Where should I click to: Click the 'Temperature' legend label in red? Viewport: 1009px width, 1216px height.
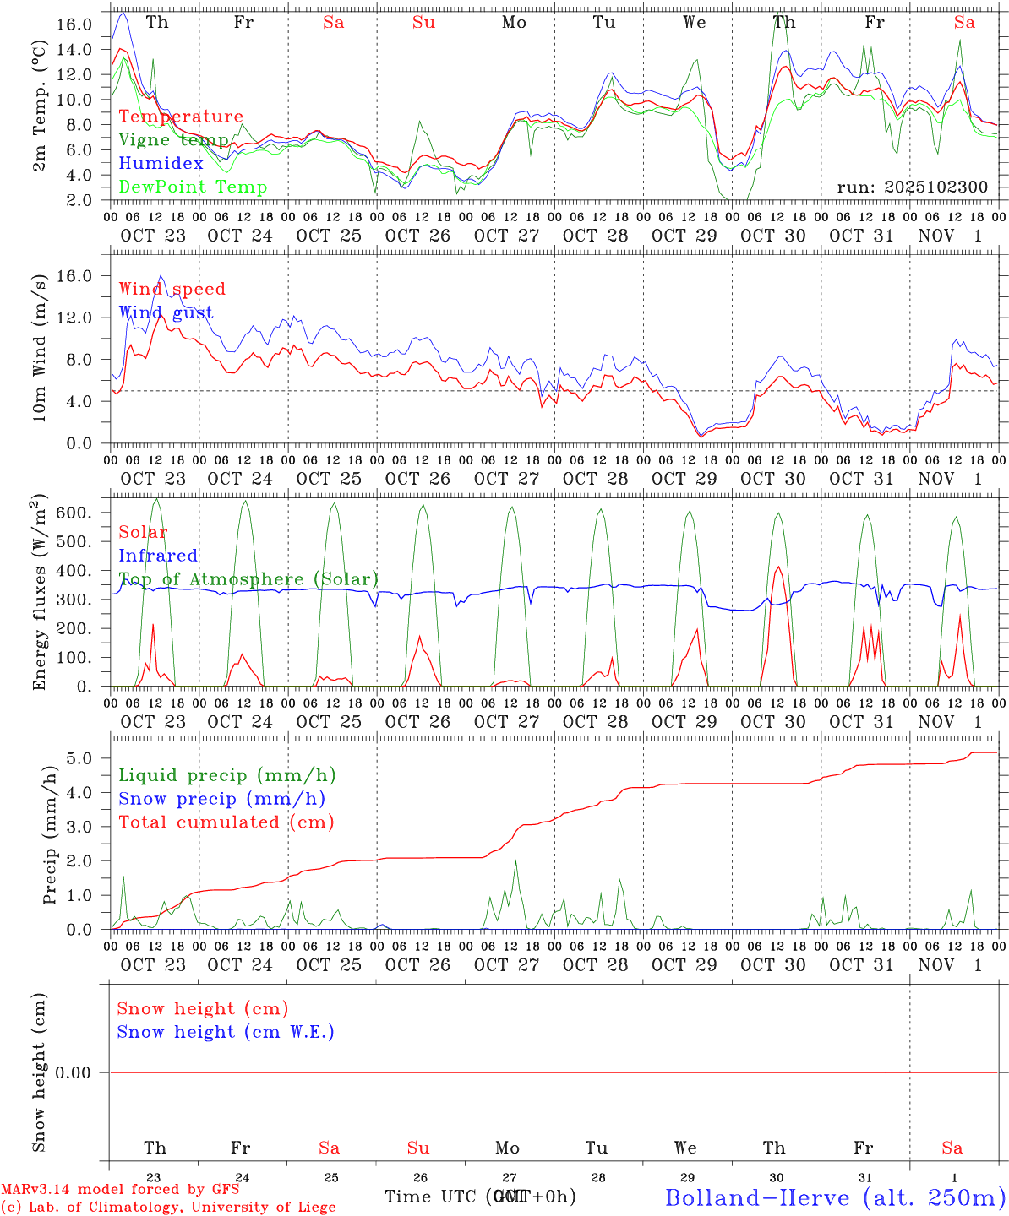click(x=181, y=117)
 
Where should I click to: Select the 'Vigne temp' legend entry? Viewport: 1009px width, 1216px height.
click(x=173, y=140)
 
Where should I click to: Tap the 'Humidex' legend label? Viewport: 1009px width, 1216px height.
click(x=161, y=164)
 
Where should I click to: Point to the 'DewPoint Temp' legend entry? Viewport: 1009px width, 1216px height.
click(x=193, y=187)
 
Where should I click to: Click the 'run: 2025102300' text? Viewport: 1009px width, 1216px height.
click(x=912, y=187)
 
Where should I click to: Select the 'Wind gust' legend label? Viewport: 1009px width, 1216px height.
click(x=166, y=312)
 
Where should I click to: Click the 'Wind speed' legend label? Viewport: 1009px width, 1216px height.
click(x=172, y=289)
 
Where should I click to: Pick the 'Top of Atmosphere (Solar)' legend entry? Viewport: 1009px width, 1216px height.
click(x=248, y=579)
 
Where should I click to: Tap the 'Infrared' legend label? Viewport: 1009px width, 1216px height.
click(x=158, y=556)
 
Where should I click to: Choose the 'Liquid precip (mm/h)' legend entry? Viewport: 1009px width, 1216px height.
click(x=227, y=775)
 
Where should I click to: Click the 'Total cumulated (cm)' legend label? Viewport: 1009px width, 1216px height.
click(x=226, y=822)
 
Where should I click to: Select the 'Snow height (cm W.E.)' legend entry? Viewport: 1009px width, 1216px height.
click(x=226, y=1032)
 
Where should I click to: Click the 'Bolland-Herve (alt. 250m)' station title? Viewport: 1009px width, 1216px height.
click(x=835, y=1197)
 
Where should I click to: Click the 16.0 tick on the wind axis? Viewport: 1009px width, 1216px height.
click(x=74, y=276)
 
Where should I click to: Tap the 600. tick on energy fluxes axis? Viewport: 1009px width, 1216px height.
click(x=72, y=513)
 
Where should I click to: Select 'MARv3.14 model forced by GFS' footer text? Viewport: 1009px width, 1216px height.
click(x=120, y=1190)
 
